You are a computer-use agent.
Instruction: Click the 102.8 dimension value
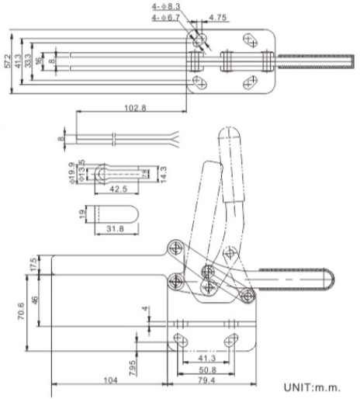133,107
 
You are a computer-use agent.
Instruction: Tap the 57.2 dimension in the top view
8,63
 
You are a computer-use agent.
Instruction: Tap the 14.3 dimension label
161,172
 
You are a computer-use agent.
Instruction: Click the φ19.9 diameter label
71,172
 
